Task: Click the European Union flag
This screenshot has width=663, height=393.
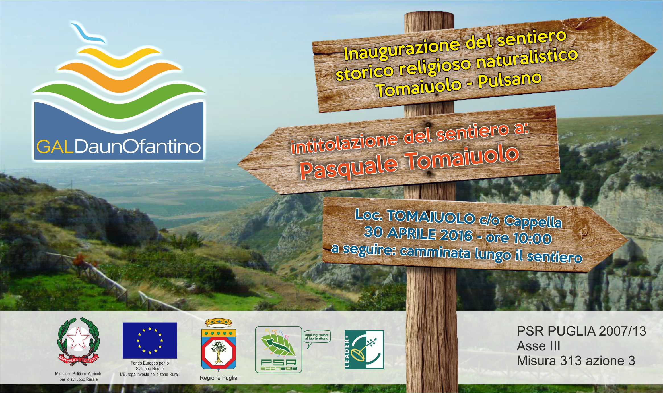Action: pos(150,340)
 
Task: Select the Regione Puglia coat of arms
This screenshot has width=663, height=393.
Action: pos(219,345)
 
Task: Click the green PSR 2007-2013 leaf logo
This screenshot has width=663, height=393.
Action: pos(278,349)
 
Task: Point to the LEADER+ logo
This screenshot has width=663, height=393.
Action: pos(364,349)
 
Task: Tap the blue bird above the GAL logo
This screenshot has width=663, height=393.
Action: pos(88,33)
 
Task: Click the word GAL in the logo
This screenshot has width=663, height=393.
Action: pos(55,147)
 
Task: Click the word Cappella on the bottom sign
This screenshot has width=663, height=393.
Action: pos(533,221)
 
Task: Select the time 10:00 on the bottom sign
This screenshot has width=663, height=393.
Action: pos(532,238)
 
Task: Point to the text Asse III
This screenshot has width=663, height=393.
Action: pos(538,346)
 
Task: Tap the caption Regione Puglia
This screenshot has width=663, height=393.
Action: pos(219,378)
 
